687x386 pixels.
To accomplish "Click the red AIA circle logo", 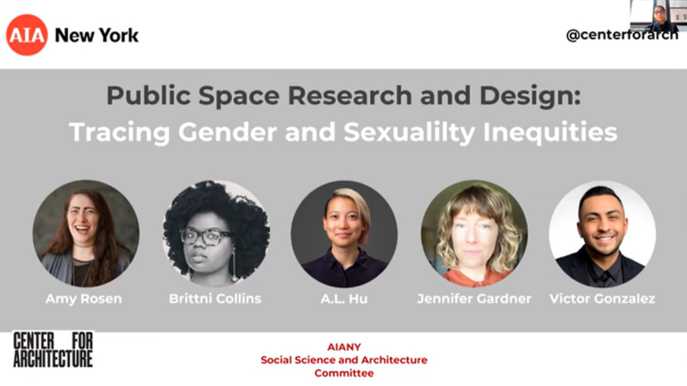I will [27, 35].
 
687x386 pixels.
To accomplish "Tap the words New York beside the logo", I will [97, 36].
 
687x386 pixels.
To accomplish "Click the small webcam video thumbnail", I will [657, 15].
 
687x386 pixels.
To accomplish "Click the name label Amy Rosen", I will [86, 298].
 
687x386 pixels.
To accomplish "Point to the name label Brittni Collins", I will [216, 298].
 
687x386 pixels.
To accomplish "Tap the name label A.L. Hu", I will [344, 298].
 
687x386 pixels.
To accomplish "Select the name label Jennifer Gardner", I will [474, 298].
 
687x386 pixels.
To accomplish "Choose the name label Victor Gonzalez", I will [602, 298].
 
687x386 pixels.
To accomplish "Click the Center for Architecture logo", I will [53, 350].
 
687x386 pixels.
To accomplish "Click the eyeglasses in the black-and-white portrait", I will [205, 237].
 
